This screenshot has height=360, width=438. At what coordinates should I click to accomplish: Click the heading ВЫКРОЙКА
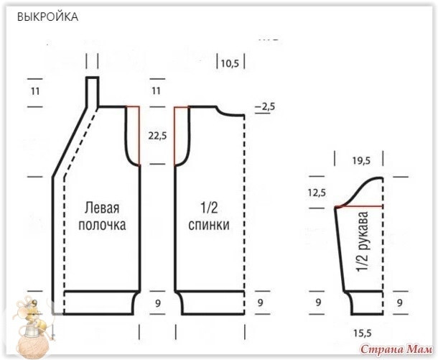pyautogui.click(x=48, y=16)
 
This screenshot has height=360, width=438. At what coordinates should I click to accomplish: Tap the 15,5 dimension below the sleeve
pyautogui.click(x=362, y=333)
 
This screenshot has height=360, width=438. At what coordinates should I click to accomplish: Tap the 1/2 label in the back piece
pyautogui.click(x=210, y=208)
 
